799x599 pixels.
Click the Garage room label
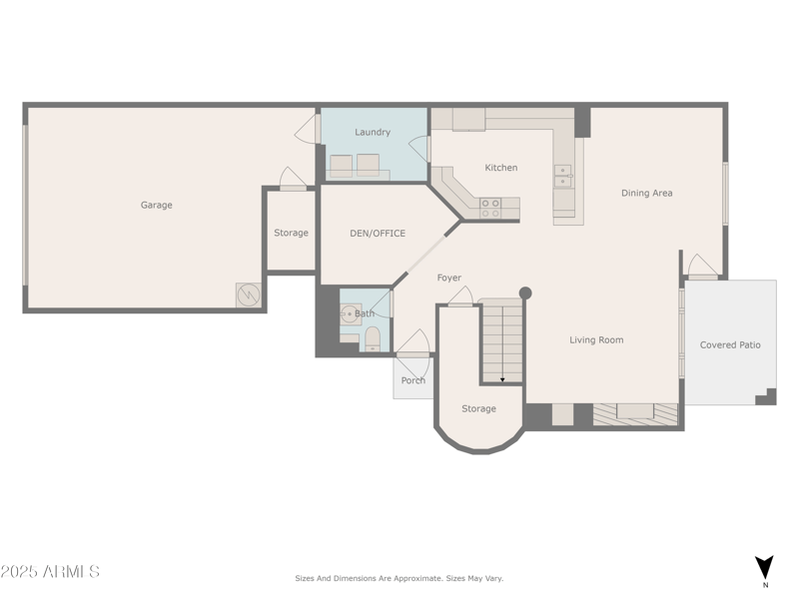(156, 205)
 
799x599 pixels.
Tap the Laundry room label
(373, 132)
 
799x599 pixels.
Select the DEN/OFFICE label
(378, 233)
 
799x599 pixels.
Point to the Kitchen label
(501, 168)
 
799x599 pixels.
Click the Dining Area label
(646, 193)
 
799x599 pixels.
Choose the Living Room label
(596, 339)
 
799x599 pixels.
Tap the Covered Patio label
(730, 344)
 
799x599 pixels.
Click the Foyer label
(449, 278)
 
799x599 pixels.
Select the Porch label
(412, 380)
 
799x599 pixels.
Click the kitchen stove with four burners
(490, 208)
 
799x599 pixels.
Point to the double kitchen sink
(563, 176)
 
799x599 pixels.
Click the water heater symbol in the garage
(248, 296)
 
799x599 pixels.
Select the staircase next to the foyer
(500, 342)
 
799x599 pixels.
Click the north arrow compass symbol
(764, 567)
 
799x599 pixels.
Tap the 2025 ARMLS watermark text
(50, 572)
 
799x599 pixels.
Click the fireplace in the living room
(635, 412)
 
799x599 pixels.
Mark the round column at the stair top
(525, 294)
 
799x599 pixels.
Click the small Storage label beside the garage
(291, 233)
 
